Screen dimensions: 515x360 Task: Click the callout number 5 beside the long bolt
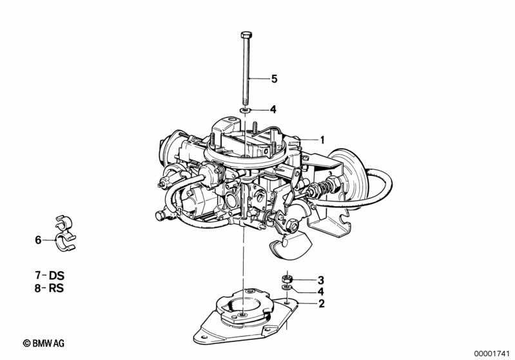click(x=274, y=79)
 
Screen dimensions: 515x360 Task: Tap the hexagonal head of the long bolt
click(x=246, y=35)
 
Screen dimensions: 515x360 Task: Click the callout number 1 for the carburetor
click(x=322, y=140)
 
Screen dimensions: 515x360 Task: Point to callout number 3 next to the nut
click(x=320, y=280)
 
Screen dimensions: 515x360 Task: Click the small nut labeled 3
click(x=287, y=279)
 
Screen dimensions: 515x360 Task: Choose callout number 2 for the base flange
click(x=321, y=303)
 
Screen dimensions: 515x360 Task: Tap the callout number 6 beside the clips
click(x=38, y=240)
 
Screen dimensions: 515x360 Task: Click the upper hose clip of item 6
click(x=63, y=222)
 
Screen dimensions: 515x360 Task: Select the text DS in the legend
click(x=56, y=275)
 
